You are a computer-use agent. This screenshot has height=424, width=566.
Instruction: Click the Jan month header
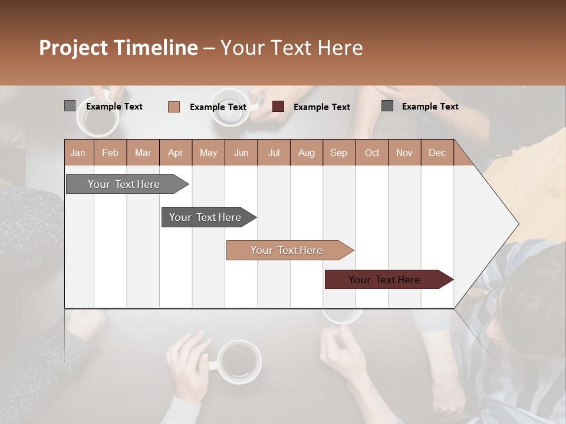(x=78, y=153)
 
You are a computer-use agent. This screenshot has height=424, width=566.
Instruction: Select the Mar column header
(x=143, y=153)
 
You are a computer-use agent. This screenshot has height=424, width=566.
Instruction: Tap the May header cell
(x=208, y=153)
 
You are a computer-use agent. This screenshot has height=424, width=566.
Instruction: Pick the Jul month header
(x=274, y=153)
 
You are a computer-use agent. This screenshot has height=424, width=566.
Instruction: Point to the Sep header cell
(x=338, y=153)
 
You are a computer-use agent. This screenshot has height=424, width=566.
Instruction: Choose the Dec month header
(x=437, y=153)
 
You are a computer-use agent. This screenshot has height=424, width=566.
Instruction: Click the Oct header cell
(x=372, y=153)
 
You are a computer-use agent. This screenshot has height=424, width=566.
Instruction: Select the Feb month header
(x=110, y=153)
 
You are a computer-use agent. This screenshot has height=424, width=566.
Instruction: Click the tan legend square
(x=174, y=107)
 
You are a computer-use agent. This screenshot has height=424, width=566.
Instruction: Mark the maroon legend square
(x=278, y=107)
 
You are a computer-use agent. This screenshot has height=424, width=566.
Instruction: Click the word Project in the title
(x=73, y=48)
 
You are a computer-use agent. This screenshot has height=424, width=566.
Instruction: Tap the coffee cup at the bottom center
(x=238, y=361)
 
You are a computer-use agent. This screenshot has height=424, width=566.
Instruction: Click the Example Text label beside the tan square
(x=218, y=107)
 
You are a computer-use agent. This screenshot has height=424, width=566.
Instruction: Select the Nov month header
(x=404, y=153)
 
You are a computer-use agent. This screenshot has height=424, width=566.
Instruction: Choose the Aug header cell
(x=306, y=153)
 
